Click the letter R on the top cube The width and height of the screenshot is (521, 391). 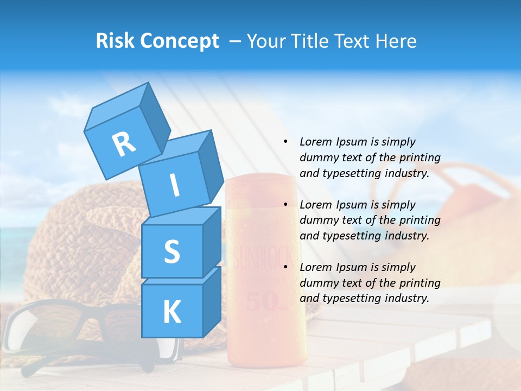click(x=124, y=144)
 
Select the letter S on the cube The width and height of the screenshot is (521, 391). click(x=171, y=251)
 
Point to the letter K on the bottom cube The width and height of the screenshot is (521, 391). click(x=171, y=312)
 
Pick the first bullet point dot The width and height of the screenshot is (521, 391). click(x=285, y=142)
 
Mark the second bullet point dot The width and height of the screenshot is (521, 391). click(x=285, y=205)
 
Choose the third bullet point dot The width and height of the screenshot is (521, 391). click(x=285, y=267)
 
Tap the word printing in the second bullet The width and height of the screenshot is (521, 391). click(x=420, y=220)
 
